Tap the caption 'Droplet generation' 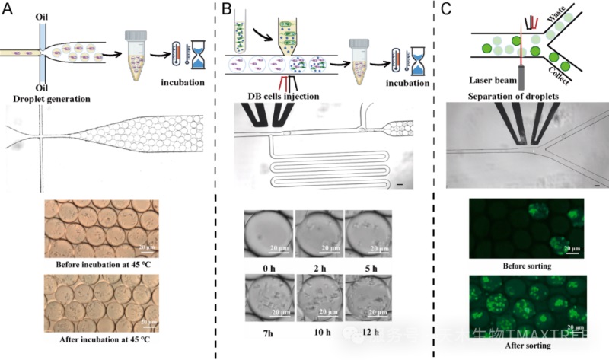53,99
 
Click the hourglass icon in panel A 201,55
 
